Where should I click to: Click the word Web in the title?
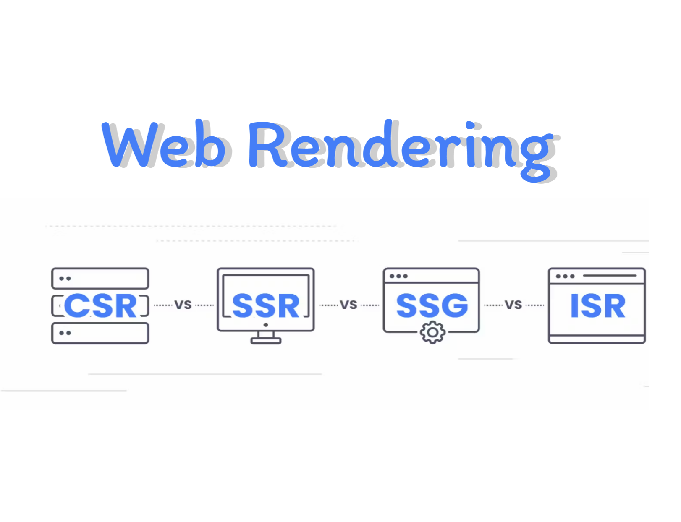[164, 145]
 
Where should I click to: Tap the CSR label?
[101, 305]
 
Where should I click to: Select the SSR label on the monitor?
[266, 305]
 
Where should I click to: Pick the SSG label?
[432, 305]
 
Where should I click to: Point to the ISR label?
[597, 305]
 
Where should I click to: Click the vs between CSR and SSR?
[183, 305]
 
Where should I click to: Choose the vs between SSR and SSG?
[348, 305]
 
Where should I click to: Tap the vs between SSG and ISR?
[513, 305]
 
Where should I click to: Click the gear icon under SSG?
[432, 332]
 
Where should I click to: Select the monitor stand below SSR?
[266, 337]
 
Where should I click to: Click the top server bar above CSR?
[100, 279]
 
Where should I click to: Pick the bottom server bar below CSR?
[100, 333]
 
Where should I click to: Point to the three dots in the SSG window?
[398, 276]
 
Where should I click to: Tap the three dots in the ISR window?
[565, 276]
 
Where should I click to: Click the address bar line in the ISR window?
[610, 276]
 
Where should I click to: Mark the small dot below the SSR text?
[266, 325]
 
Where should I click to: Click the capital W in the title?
[130, 145]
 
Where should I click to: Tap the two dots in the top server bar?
[65, 279]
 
